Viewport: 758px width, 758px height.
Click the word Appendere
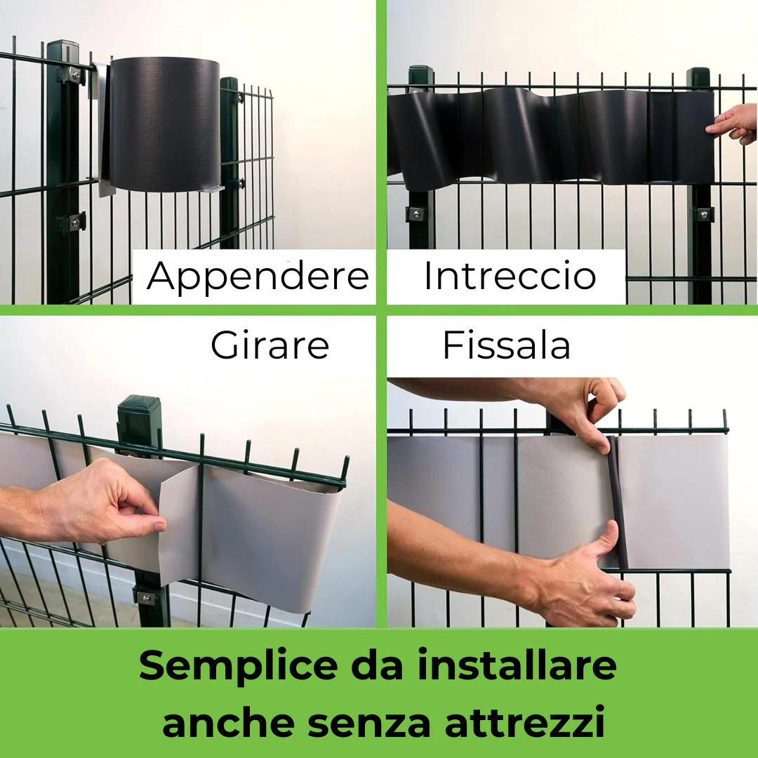(258, 277)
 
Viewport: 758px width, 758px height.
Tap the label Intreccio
(510, 277)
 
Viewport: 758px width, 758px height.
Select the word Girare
(270, 345)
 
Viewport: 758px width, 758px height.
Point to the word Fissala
(506, 345)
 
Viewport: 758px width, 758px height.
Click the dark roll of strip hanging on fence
(164, 124)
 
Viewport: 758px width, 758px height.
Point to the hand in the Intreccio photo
(733, 124)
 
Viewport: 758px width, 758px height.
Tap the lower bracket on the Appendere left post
(72, 222)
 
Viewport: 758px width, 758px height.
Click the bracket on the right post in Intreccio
(701, 213)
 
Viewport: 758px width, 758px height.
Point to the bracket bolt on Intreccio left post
(416, 213)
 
